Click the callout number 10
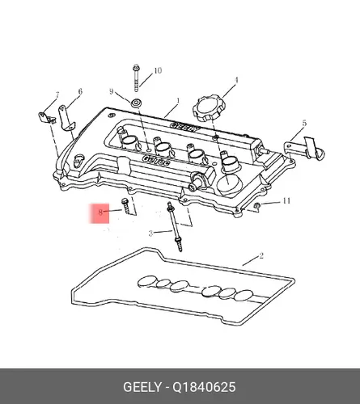158,70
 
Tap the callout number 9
112,91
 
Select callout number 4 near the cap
236,80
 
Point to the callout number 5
304,124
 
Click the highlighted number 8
100,213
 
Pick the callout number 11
286,201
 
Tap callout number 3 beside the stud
151,234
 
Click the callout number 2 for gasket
261,255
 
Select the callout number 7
57,95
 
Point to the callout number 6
80,91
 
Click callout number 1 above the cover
178,101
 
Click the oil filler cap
208,109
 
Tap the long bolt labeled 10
136,78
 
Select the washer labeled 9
136,103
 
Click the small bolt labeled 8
125,206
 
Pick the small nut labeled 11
256,206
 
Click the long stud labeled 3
175,227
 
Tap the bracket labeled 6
66,118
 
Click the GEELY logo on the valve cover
184,127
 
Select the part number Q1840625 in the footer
204,387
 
